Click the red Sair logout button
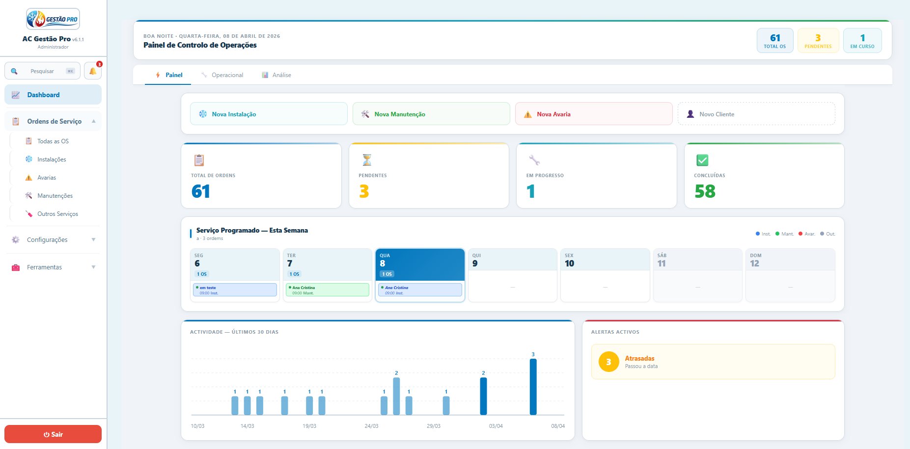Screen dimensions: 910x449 53,434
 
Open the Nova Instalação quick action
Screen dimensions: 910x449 269,114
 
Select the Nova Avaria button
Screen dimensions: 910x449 594,114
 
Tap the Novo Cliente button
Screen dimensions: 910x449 756,114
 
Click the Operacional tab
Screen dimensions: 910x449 222,75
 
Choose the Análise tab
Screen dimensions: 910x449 276,75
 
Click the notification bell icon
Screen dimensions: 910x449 93,71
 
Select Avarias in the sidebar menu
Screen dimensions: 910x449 47,178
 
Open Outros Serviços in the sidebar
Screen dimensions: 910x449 57,214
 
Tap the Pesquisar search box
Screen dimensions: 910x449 42,71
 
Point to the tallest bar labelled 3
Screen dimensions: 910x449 533,387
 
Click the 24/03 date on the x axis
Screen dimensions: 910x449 371,426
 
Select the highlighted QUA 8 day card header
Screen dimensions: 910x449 420,264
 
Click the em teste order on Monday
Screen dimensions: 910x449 235,290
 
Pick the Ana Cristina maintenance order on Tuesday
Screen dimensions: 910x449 328,290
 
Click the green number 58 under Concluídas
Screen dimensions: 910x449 705,191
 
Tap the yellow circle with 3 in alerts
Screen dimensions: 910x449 608,362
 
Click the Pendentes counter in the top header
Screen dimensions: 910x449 818,40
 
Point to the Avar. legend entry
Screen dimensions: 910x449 807,234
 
